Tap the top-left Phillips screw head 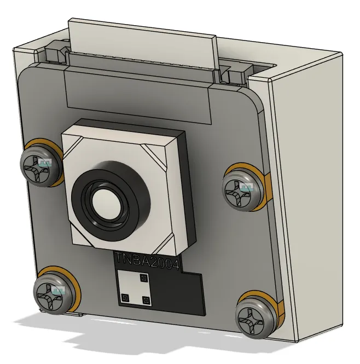click(x=42, y=166)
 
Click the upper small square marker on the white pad click(x=144, y=279)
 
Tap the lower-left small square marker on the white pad click(x=125, y=298)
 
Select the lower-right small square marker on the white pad click(x=146, y=300)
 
